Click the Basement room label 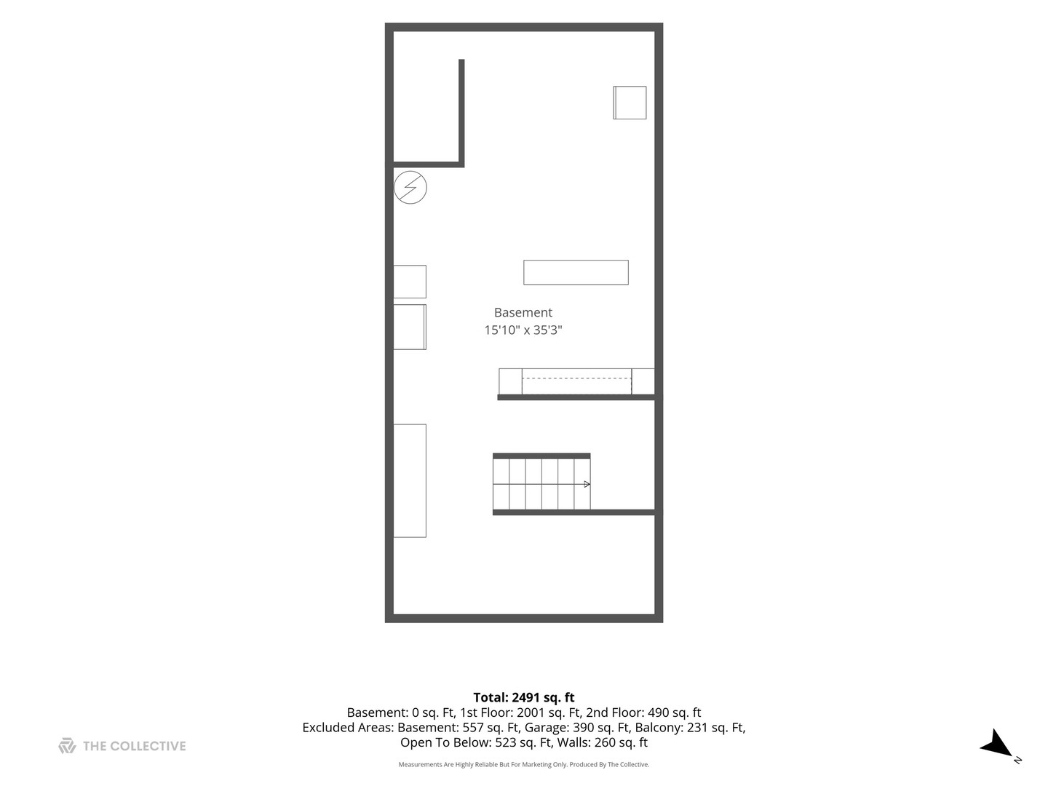pos(523,313)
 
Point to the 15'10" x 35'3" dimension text pos(523,330)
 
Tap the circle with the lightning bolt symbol pos(410,188)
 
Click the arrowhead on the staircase pos(587,484)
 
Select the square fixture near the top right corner pos(630,103)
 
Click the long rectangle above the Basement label pos(576,272)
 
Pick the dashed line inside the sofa pos(576,379)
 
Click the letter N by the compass pos(1017,760)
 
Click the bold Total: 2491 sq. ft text pos(524,698)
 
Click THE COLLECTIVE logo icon pos(68,746)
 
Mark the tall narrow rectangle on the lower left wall pos(410,480)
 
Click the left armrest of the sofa pos(510,381)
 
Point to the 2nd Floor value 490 pos(658,713)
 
